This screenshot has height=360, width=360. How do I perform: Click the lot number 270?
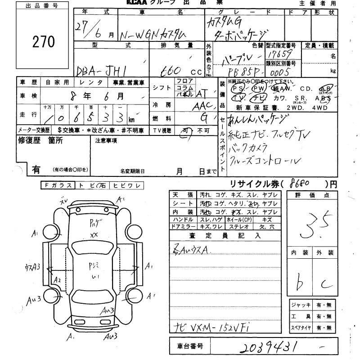click(x=44, y=42)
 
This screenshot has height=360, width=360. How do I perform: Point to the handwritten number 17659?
click(x=278, y=54)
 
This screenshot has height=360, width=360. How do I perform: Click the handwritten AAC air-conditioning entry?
click(x=202, y=106)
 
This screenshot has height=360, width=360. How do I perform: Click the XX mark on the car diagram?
click(x=94, y=235)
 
